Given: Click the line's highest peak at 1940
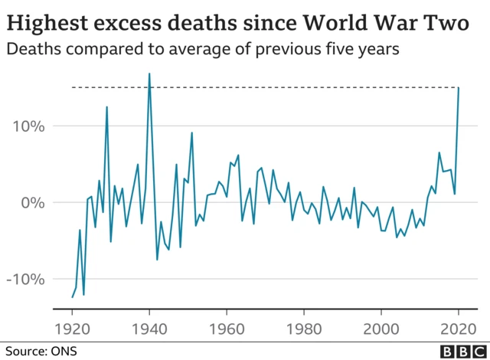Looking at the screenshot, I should (149, 74).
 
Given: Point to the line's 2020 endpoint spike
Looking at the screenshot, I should (459, 88).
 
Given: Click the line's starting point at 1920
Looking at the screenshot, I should (72, 297).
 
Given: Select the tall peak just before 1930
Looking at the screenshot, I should (106, 106).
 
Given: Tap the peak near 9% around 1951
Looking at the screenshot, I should (191, 133).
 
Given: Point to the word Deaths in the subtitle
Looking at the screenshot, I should (31, 50).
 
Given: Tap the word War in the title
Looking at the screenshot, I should (394, 24).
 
